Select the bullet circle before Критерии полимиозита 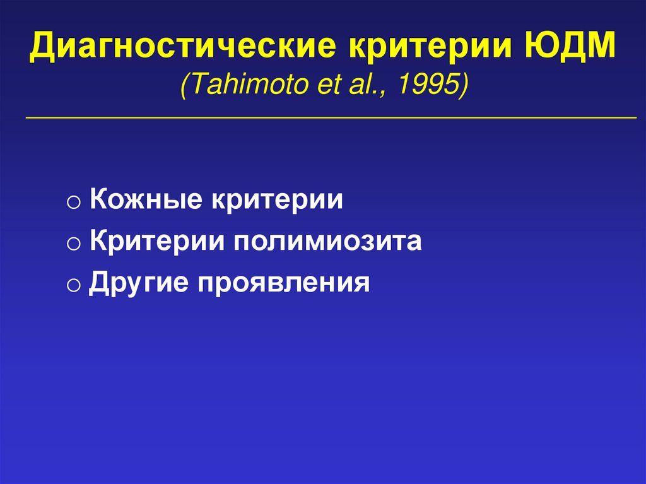(73, 244)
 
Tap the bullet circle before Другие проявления (73, 285)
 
